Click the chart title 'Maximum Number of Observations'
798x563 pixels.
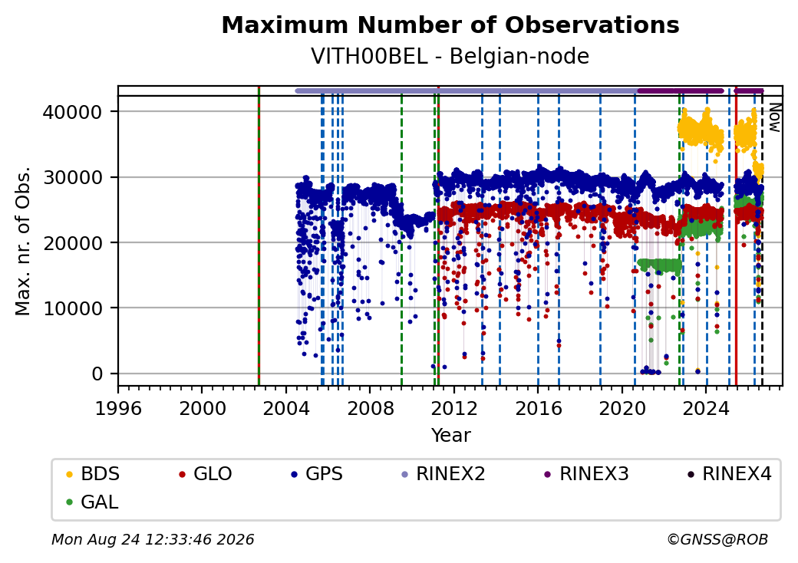click(x=450, y=25)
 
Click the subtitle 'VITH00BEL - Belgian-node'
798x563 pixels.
click(x=450, y=56)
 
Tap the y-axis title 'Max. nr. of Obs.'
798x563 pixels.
click(x=23, y=241)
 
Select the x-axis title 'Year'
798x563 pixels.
click(x=451, y=436)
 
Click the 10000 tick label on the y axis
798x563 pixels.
click(x=73, y=308)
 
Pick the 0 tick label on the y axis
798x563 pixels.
click(x=97, y=374)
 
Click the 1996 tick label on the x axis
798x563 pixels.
click(x=118, y=408)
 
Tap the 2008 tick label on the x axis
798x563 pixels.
click(x=370, y=408)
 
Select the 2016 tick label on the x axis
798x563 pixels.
click(x=538, y=408)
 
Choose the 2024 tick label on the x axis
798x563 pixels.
click(x=706, y=408)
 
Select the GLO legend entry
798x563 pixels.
click(x=205, y=474)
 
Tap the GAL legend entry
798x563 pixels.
click(x=92, y=502)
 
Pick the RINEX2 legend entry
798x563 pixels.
click(x=444, y=474)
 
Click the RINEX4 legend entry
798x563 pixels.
click(x=729, y=474)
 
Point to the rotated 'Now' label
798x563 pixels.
click(x=774, y=117)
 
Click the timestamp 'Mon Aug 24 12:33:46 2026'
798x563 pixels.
click(x=153, y=539)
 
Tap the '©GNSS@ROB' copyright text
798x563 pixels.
click(x=717, y=539)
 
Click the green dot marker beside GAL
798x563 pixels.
click(x=70, y=502)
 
